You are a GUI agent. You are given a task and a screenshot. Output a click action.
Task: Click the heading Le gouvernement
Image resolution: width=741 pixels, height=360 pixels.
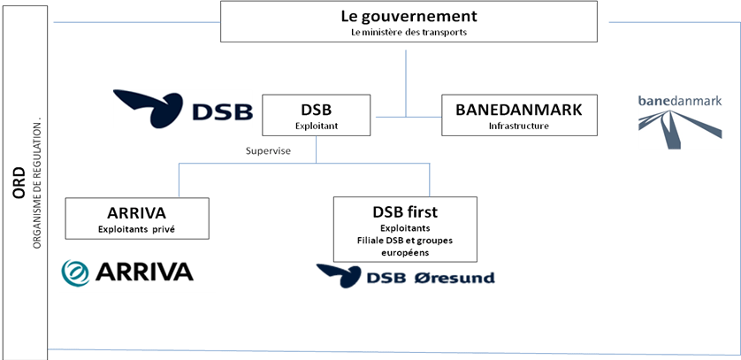(409, 16)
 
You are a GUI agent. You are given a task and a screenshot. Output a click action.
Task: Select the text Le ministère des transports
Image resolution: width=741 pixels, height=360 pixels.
(409, 33)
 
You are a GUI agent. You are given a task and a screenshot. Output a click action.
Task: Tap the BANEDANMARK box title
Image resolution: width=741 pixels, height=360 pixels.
(519, 110)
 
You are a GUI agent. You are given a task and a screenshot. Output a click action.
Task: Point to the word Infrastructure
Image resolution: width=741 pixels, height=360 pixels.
(519, 126)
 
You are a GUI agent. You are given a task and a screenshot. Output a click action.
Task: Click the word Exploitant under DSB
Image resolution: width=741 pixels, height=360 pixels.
(317, 126)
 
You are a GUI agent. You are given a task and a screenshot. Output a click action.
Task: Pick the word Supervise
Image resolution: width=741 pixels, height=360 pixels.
(268, 151)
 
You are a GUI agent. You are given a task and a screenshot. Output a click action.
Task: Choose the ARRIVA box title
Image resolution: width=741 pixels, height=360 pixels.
(136, 213)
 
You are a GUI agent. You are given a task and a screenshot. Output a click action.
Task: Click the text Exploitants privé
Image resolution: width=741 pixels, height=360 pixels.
(136, 230)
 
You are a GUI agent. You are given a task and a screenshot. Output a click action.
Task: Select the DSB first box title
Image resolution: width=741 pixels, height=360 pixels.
(405, 212)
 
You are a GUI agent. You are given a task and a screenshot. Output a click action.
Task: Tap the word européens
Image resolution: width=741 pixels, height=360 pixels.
(405, 252)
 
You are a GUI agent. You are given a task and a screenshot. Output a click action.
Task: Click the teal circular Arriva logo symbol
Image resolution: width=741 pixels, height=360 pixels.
(75, 272)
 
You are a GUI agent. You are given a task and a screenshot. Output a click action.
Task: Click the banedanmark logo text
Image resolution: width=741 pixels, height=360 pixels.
(680, 101)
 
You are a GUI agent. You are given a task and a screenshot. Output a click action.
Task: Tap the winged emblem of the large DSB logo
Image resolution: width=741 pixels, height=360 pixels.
(149, 108)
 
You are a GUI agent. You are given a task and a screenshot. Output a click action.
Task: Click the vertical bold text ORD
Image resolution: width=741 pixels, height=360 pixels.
(19, 182)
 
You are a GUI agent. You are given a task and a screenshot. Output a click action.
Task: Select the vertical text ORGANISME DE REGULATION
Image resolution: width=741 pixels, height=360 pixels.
(38, 183)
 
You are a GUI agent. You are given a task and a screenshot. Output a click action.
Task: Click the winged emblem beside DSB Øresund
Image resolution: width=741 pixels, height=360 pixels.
(339, 276)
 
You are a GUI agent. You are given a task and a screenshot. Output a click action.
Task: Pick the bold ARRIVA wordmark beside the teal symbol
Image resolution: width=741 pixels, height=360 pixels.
(144, 272)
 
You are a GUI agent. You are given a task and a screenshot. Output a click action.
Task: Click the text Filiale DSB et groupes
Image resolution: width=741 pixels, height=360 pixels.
(405, 241)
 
